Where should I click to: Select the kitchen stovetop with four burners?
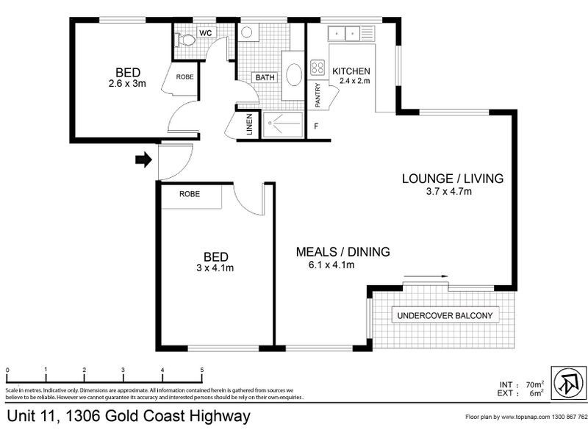click(x=318, y=68)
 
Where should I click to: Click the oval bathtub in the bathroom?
click(x=293, y=76)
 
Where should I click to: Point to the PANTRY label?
click(x=318, y=93)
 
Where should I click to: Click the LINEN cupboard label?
click(x=248, y=124)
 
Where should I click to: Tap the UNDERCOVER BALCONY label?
click(x=448, y=316)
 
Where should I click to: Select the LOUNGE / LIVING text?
click(x=452, y=179)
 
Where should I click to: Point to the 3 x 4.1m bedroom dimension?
click(x=215, y=268)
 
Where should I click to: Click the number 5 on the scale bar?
click(x=201, y=370)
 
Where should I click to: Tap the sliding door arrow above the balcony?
click(x=427, y=277)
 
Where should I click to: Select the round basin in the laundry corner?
click(x=246, y=32)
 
